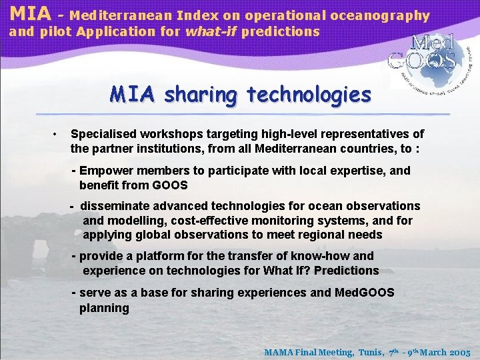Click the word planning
pyautogui.click(x=104, y=307)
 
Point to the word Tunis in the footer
pyautogui.click(x=369, y=352)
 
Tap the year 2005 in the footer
pyautogui.click(x=460, y=352)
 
